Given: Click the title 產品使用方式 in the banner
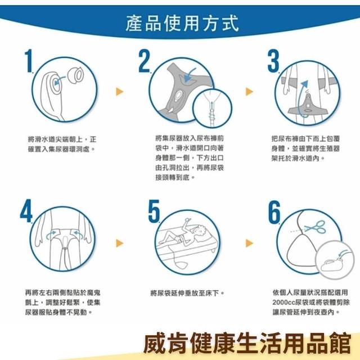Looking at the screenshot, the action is coord(182,23).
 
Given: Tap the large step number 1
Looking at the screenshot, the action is coord(29,61).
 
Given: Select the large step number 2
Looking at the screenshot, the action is coord(144,61).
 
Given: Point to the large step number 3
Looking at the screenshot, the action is coord(273,61).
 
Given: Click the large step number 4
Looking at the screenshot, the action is coord(26,210).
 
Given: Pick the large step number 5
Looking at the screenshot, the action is coord(154,211).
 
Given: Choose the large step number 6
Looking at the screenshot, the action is coord(274,211).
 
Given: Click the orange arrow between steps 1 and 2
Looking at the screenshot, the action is coord(119,91).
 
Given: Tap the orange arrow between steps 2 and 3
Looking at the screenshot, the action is coord(249,91).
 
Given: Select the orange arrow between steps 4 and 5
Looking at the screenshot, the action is coord(119,243).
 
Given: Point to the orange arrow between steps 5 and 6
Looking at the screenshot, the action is coord(249,243).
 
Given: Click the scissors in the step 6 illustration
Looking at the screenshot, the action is coord(316,227).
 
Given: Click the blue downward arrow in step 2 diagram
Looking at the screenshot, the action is coord(190,75).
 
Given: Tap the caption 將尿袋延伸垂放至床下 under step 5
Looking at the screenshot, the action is coord(187,293).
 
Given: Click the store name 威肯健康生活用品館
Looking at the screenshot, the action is coord(247,343).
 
